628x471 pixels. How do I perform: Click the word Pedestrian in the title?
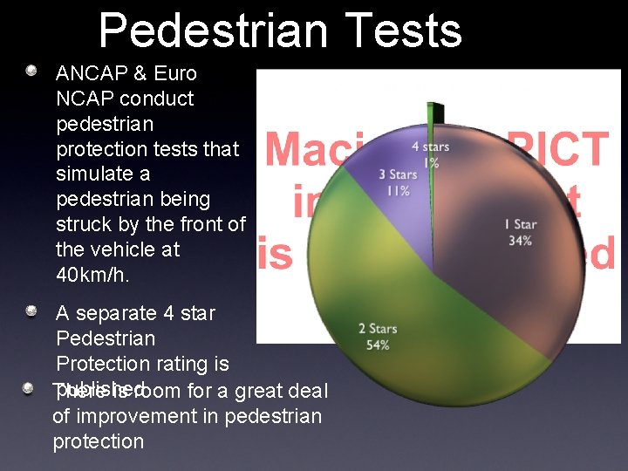pos(214,31)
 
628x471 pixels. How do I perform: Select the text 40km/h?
pos(92,274)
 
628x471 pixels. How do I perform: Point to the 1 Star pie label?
pos(520,224)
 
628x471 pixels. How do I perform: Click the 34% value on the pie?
pos(520,240)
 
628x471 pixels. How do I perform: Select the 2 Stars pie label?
pos(378,329)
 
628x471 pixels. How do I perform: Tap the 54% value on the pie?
pos(378,345)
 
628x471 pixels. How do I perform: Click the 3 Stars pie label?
pos(398,175)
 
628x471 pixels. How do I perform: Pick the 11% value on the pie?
pos(398,190)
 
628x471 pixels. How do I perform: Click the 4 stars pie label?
pos(431,147)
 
